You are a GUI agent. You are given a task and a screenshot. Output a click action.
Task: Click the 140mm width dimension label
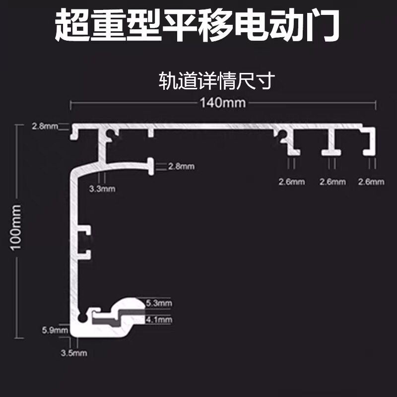[x=223, y=103]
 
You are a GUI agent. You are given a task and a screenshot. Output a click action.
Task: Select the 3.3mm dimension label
[x=102, y=189]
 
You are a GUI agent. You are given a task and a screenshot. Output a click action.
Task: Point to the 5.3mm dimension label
[x=159, y=303]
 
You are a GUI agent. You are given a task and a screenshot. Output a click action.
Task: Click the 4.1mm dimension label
[x=159, y=320]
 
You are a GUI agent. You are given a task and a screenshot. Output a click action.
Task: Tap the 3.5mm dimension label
[x=73, y=353]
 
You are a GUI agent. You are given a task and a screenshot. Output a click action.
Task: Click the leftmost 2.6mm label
[x=291, y=182]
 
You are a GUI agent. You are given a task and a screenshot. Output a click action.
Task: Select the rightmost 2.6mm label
[x=371, y=182]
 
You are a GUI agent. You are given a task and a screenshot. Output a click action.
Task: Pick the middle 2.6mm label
[x=332, y=182]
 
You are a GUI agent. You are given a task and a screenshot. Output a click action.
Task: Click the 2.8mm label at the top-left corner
[x=45, y=126]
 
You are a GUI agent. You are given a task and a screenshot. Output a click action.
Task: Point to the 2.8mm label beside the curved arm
[x=181, y=166]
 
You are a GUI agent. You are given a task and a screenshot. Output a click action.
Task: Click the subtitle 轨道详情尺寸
[x=216, y=80]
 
